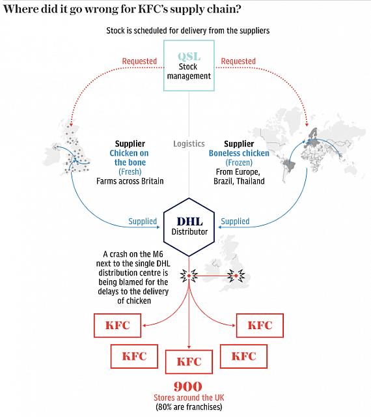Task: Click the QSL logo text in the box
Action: click(x=189, y=57)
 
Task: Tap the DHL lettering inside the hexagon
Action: click(x=190, y=222)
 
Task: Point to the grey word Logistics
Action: click(x=189, y=144)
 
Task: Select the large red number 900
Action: click(x=188, y=386)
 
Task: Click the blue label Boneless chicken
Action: click(x=239, y=153)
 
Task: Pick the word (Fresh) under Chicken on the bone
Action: click(x=130, y=172)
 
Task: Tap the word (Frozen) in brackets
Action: click(x=239, y=162)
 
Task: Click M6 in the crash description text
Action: click(x=158, y=254)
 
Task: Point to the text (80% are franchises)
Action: click(x=189, y=407)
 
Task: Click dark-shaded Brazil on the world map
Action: click(x=289, y=165)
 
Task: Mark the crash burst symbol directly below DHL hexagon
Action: click(x=189, y=276)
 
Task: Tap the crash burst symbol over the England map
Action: click(x=236, y=276)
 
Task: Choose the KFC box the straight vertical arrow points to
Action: click(x=189, y=362)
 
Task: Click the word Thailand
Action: click(x=251, y=181)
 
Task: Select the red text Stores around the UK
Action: click(x=189, y=397)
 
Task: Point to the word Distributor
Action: click(x=189, y=232)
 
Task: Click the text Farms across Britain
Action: click(x=130, y=181)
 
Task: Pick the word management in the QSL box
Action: click(x=189, y=76)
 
